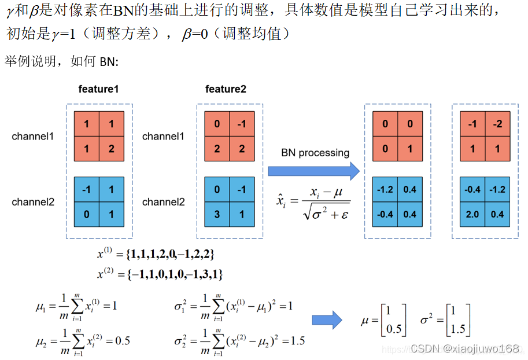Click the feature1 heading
[98, 89]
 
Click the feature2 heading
[226, 89]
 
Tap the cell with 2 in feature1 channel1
[111, 149]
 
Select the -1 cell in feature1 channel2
[87, 190]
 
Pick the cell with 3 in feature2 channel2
[217, 214]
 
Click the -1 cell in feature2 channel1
[241, 124]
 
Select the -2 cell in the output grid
[498, 124]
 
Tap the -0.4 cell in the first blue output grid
[386, 214]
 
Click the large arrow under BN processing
[313, 170]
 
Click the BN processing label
[315, 153]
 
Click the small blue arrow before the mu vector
[327, 320]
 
